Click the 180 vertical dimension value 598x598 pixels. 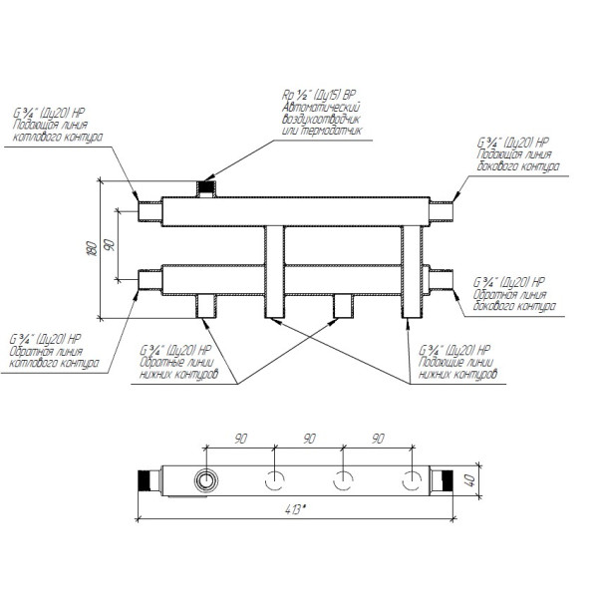click(x=92, y=247)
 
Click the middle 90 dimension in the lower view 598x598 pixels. click(x=308, y=438)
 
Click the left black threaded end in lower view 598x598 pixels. click(x=145, y=479)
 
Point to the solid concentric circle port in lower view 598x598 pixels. click(x=205, y=479)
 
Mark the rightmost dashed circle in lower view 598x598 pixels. click(x=411, y=479)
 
